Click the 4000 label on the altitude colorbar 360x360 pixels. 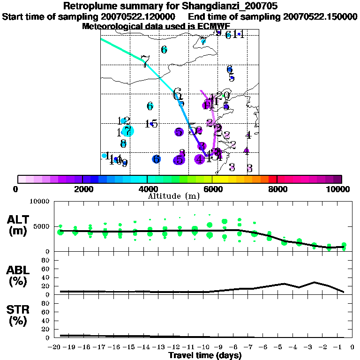(x=147, y=189)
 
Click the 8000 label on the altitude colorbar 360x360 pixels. (x=277, y=189)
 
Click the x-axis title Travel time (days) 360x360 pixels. (x=205, y=356)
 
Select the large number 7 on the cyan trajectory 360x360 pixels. (x=145, y=61)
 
